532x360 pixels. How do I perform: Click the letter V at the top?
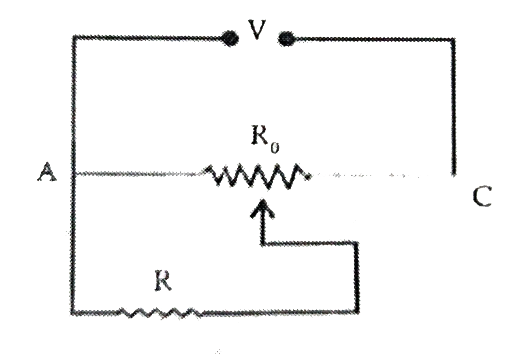click(257, 30)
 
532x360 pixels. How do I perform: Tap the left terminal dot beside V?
click(231, 38)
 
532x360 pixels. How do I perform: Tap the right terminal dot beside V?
click(286, 39)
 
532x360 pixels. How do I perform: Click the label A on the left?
click(47, 172)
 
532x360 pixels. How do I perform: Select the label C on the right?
click(482, 196)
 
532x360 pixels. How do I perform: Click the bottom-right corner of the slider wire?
click(356, 312)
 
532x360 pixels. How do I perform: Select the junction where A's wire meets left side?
click(74, 174)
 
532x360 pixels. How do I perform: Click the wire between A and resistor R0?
click(137, 174)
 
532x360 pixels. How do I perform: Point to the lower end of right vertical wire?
click(454, 174)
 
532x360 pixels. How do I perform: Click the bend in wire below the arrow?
click(262, 243)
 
